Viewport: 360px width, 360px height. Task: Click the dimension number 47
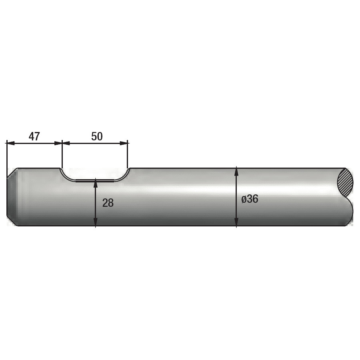[x=34, y=136]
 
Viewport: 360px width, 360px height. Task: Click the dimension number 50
[x=97, y=136]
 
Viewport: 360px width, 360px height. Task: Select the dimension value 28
[x=108, y=203]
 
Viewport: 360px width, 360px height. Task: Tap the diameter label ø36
[x=250, y=199]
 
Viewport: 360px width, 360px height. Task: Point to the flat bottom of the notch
[x=95, y=181]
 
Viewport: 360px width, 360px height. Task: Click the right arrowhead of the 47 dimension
[x=58, y=143]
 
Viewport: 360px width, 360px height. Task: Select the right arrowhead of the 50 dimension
[x=124, y=143]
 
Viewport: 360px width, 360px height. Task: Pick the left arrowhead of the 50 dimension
[x=66, y=143]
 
